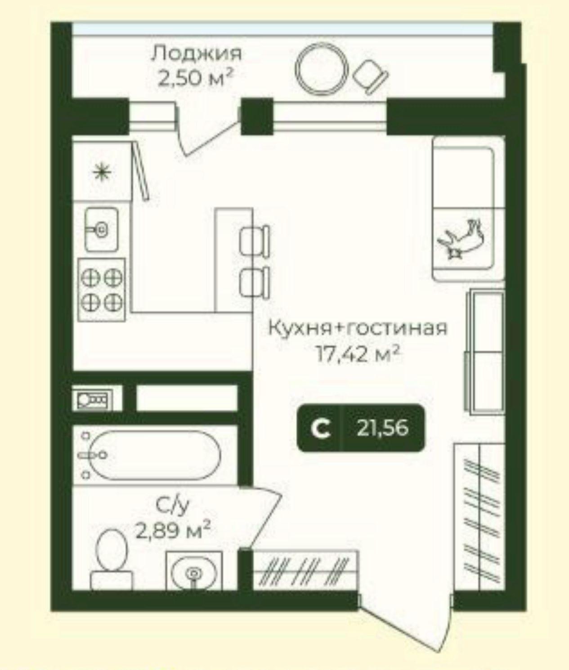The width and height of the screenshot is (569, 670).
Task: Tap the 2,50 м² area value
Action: click(196, 78)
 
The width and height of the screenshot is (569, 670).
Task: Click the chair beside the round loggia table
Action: click(370, 77)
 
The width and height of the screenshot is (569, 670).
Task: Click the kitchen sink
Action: click(101, 229)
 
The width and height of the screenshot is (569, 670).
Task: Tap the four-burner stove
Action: click(102, 290)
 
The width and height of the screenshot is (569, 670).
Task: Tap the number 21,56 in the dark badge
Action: click(382, 428)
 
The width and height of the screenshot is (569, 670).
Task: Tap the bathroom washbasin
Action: click(194, 571)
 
